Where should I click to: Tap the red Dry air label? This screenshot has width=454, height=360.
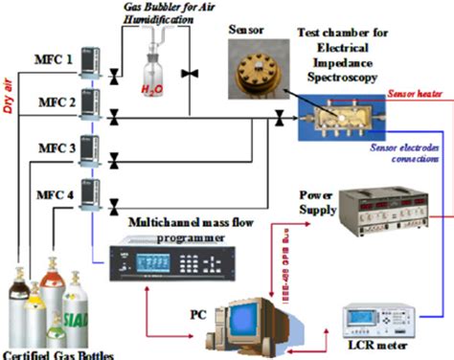point(12,72)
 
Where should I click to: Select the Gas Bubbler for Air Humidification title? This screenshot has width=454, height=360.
point(154,13)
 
